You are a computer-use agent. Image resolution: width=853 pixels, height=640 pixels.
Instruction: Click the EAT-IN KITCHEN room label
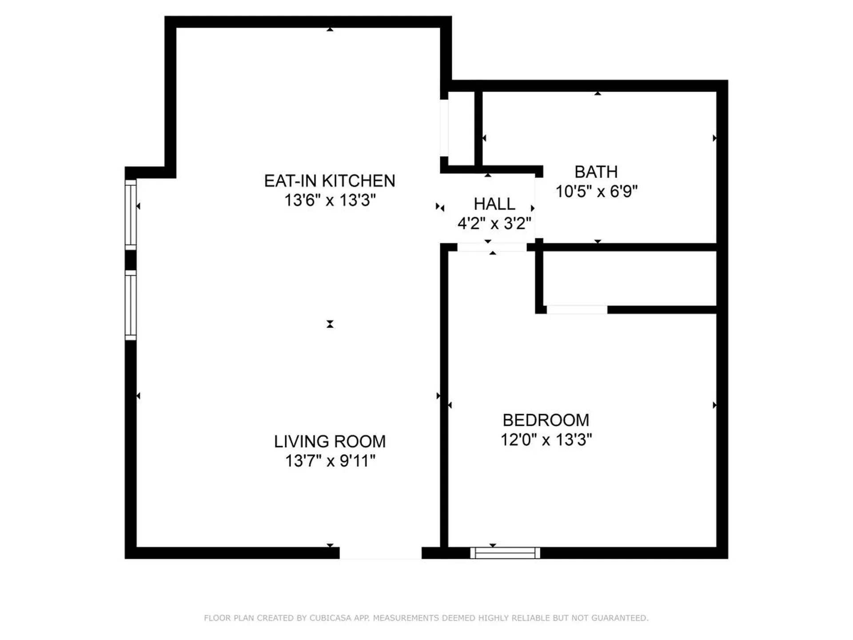pyautogui.click(x=329, y=181)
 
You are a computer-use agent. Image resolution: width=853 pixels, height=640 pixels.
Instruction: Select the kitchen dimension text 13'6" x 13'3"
pyautogui.click(x=329, y=200)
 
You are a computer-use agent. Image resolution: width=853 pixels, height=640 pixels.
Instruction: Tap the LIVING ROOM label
pyautogui.click(x=329, y=441)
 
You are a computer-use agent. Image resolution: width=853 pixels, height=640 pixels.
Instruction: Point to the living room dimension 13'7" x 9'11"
pyautogui.click(x=329, y=461)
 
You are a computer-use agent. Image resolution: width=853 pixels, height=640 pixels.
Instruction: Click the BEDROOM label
pyautogui.click(x=546, y=420)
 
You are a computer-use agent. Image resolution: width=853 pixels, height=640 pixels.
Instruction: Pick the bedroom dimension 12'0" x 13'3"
pyautogui.click(x=546, y=440)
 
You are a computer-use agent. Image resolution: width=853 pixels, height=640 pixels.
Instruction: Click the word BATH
pyautogui.click(x=596, y=172)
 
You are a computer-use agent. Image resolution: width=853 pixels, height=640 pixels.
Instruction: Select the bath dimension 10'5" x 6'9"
pyautogui.click(x=596, y=192)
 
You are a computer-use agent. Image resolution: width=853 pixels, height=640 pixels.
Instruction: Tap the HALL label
pyautogui.click(x=494, y=204)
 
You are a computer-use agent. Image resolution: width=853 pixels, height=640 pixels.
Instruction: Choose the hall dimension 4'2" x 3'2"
pyautogui.click(x=494, y=223)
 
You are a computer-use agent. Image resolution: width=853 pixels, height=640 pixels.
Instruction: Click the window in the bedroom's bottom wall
pyautogui.click(x=505, y=553)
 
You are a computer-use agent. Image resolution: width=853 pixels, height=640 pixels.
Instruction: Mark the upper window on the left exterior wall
pyautogui.click(x=130, y=215)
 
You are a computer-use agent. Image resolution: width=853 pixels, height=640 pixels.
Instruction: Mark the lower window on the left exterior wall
pyautogui.click(x=130, y=305)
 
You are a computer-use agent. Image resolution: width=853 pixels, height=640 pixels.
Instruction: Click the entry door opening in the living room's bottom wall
pyautogui.click(x=380, y=553)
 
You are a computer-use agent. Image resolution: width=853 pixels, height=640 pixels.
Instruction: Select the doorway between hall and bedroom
pyautogui.click(x=492, y=247)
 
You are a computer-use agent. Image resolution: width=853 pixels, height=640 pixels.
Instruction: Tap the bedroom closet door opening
pyautogui.click(x=577, y=309)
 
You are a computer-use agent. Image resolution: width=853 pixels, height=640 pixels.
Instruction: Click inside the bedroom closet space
pyautogui.click(x=629, y=279)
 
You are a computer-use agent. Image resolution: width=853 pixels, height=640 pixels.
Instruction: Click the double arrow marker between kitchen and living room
pyautogui.click(x=330, y=324)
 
